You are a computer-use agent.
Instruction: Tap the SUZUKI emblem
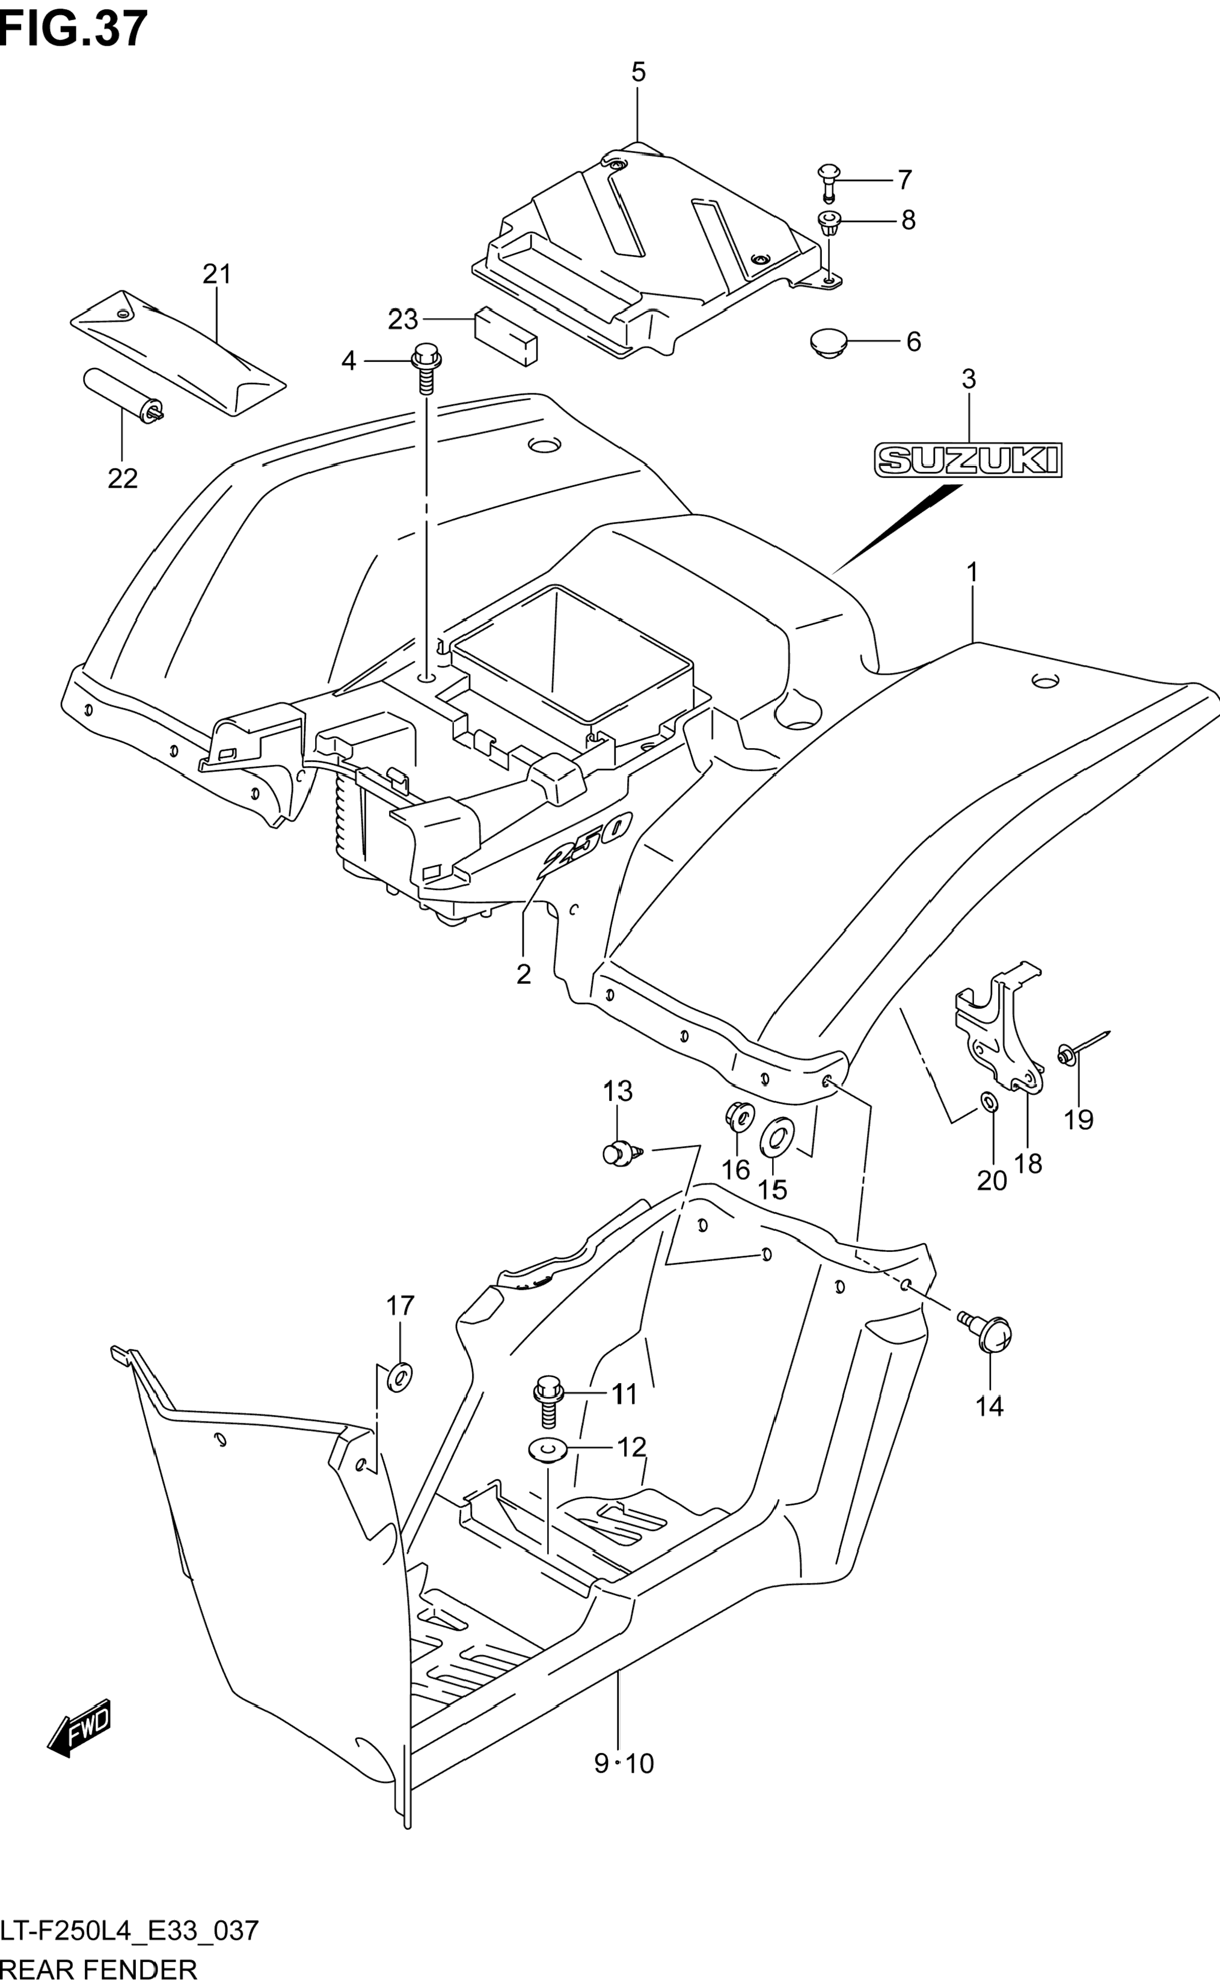coord(968,460)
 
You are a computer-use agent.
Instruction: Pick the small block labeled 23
coord(506,335)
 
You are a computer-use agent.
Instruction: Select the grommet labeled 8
coord(830,221)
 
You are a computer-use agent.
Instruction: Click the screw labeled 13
coord(621,1153)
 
